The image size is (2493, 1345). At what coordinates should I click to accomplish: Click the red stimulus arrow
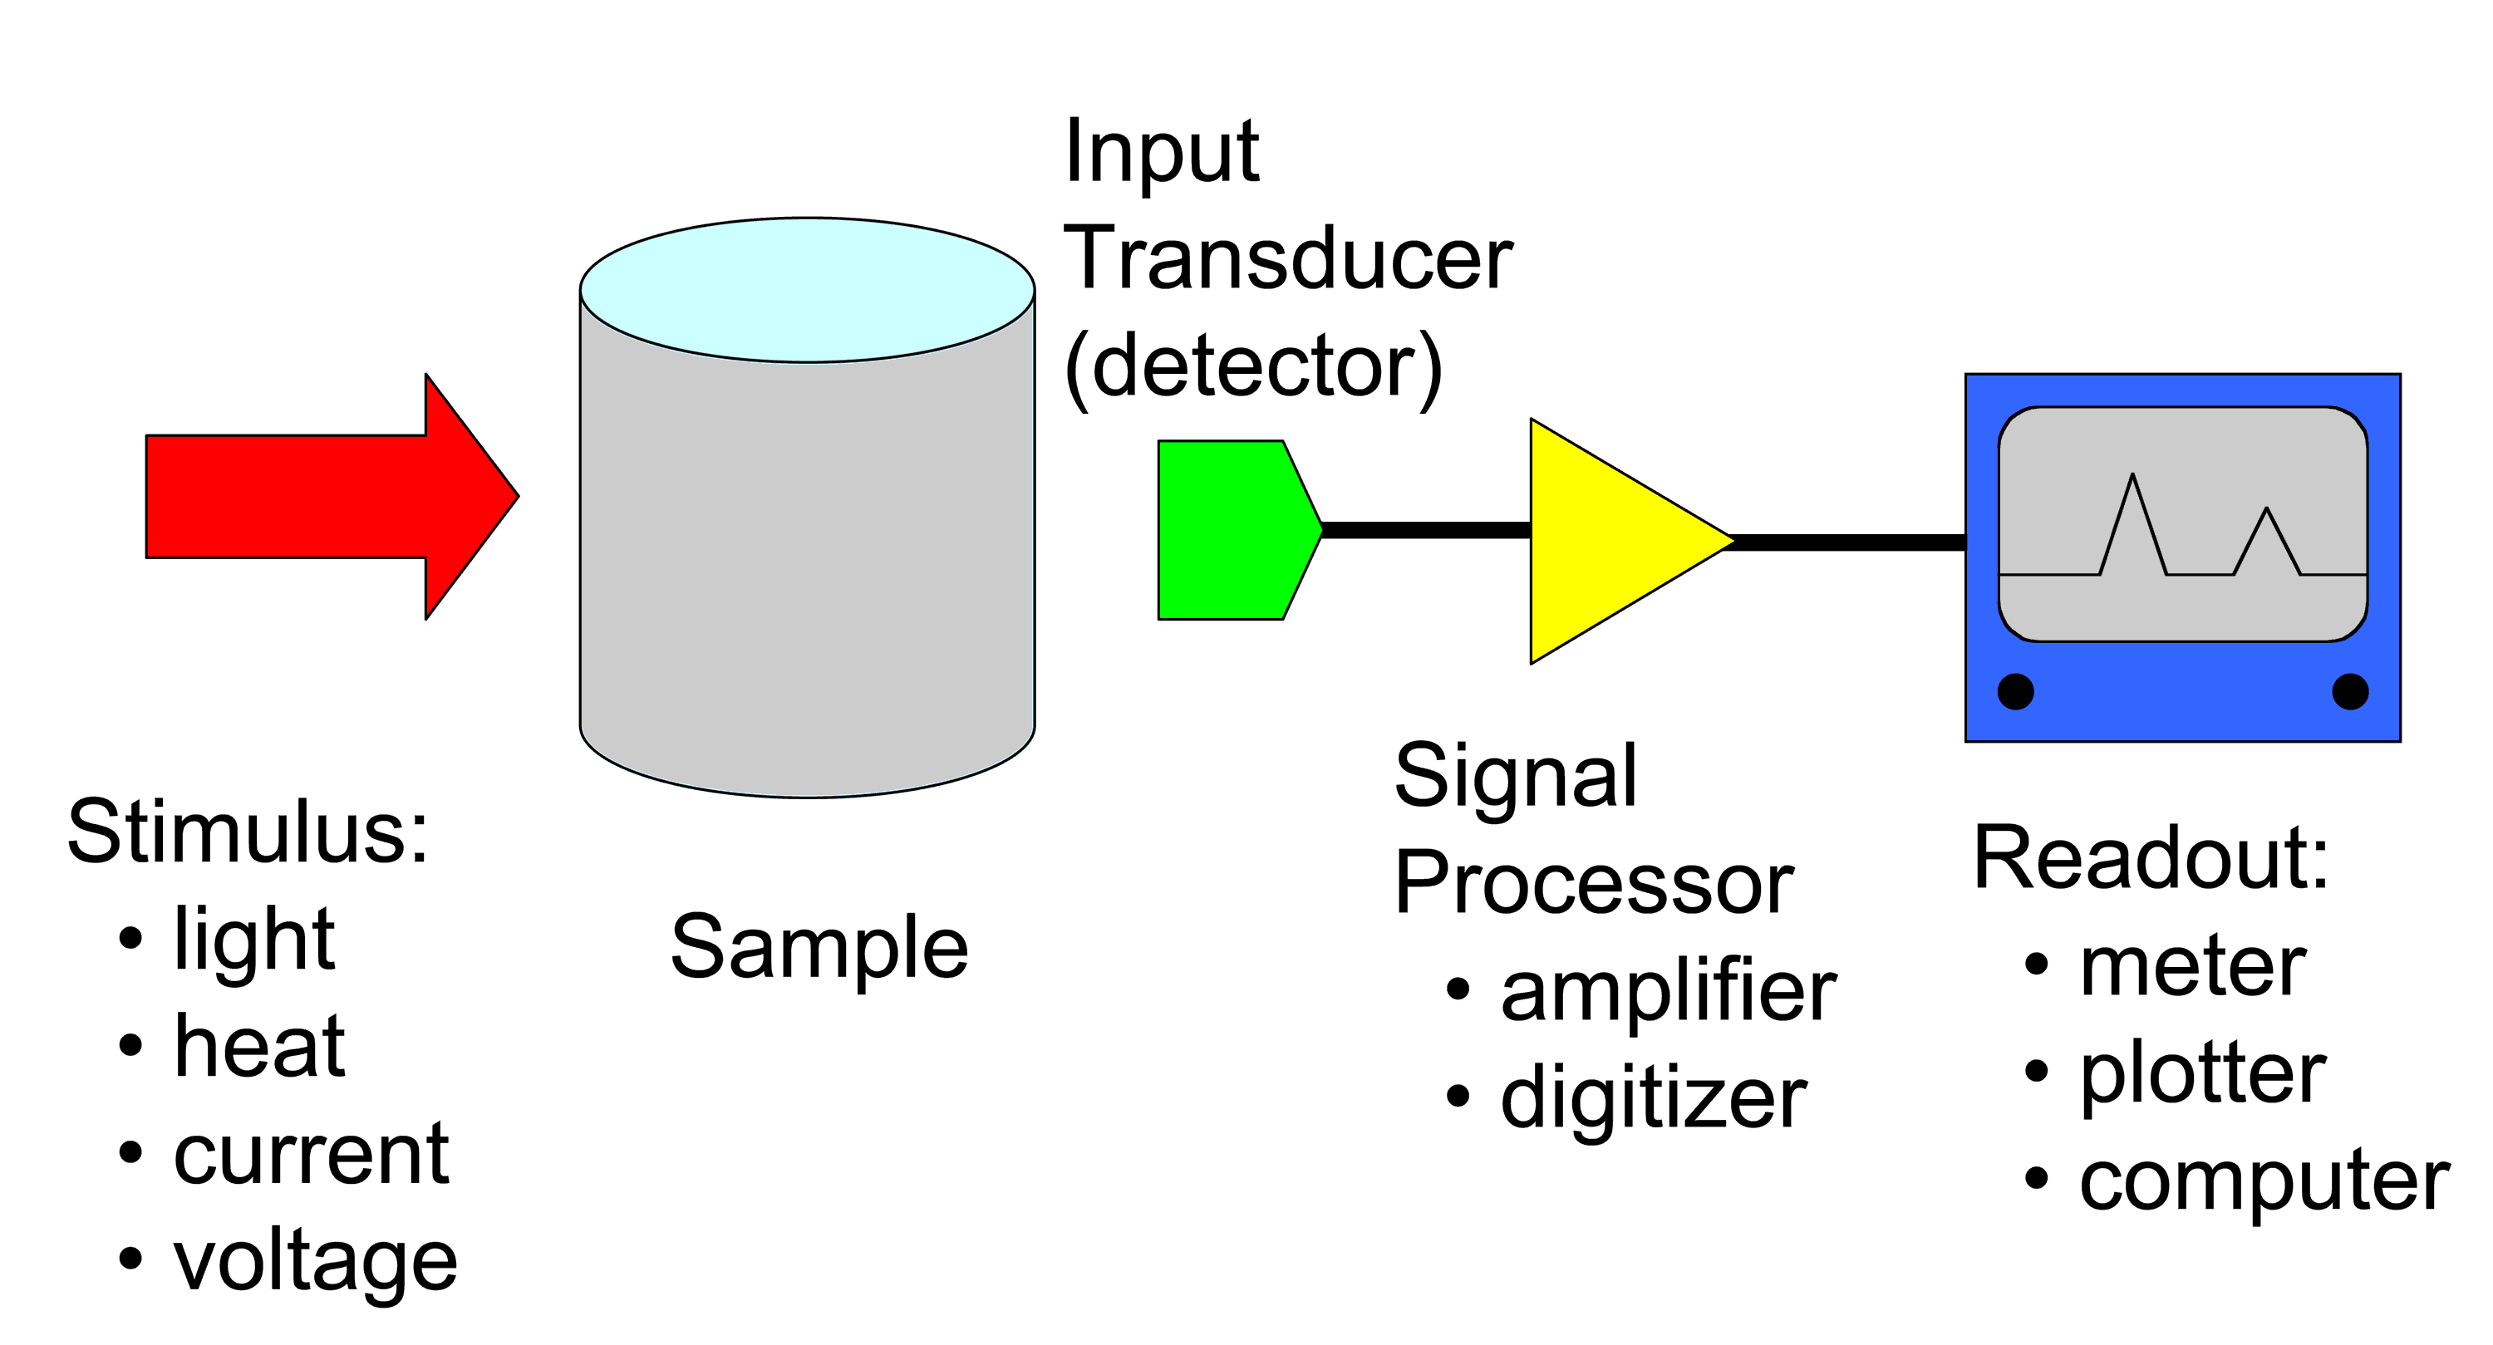click(319, 497)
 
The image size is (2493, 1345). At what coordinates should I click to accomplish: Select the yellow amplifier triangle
click(1606, 541)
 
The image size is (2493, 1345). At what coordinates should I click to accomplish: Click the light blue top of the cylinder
click(807, 290)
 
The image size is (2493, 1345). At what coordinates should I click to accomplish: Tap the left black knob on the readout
click(2016, 691)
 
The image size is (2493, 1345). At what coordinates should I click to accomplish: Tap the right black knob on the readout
click(2351, 691)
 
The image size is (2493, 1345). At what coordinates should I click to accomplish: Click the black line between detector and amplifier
click(1425, 529)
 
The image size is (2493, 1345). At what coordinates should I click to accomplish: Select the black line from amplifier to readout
click(1848, 542)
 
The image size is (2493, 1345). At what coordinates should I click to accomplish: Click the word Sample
click(819, 948)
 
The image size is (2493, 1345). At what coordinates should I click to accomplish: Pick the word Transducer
click(1288, 258)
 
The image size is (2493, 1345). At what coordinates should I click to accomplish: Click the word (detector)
click(1253, 368)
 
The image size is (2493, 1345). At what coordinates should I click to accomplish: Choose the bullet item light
click(253, 940)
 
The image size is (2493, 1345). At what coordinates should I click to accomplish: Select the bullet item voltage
click(314, 1262)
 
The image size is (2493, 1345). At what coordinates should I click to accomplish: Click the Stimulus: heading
click(248, 832)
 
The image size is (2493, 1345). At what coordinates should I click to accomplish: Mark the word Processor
click(1594, 882)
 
